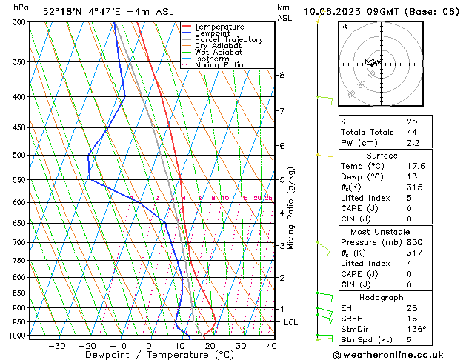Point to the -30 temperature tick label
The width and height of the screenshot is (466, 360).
[56, 346]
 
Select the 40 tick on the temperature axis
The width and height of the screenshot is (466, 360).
[272, 346]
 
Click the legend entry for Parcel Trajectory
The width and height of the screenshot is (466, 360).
[228, 40]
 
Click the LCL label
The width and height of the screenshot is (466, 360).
[290, 323]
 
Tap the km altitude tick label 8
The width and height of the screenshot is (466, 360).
[282, 76]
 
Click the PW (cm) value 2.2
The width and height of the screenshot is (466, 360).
[413, 143]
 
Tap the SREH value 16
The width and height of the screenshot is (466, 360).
[411, 318]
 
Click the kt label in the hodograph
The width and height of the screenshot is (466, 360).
[344, 26]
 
